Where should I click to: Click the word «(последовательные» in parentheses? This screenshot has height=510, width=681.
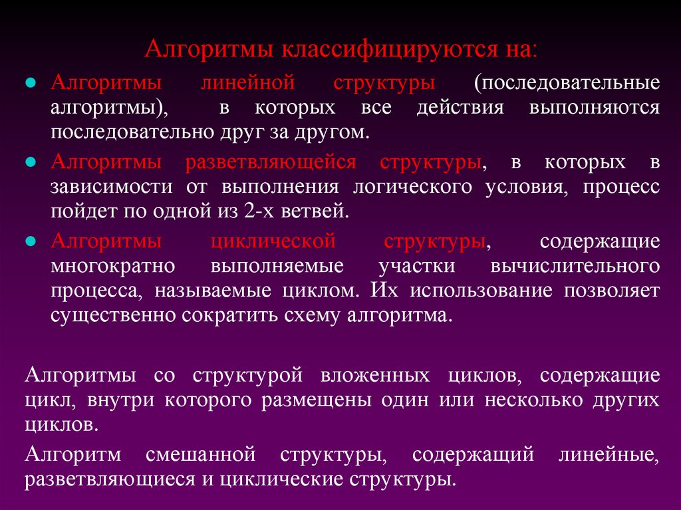point(567,84)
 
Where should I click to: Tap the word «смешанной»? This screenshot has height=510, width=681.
point(199,455)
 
